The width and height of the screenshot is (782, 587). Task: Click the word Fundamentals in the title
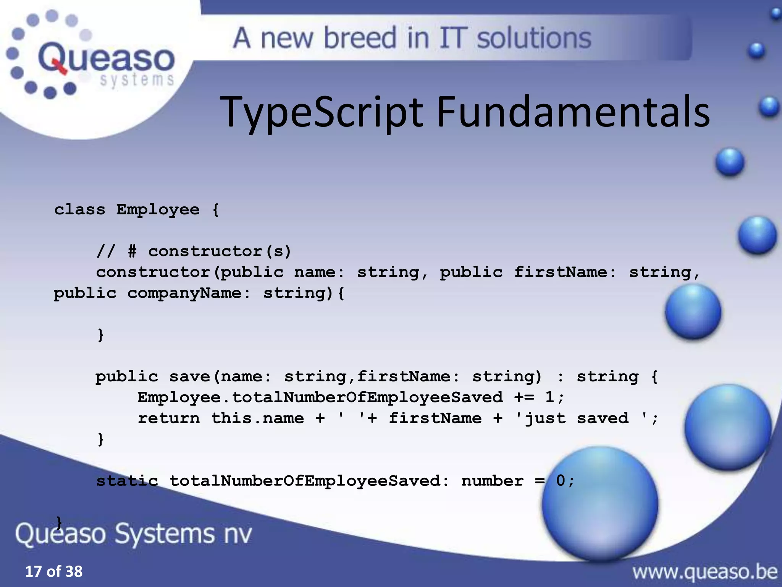[x=573, y=112]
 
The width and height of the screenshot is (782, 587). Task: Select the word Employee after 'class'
[x=158, y=209]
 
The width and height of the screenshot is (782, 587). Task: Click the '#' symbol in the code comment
[x=132, y=251]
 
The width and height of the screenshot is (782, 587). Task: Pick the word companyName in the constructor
[x=184, y=293]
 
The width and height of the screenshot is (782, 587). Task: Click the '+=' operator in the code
[x=524, y=397]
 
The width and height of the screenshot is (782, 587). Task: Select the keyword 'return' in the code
[x=169, y=418]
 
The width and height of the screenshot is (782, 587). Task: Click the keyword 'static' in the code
[x=127, y=481]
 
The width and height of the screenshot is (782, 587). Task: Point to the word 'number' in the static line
[x=492, y=481]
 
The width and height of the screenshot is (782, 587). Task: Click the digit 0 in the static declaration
[x=560, y=481]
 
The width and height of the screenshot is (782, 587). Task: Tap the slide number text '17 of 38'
[x=54, y=571]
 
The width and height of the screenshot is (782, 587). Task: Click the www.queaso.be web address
[x=705, y=572]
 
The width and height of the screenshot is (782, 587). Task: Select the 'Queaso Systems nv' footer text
[x=134, y=533]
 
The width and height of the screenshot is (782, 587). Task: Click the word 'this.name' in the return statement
[x=258, y=418]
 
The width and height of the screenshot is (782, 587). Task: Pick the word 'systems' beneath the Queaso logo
[x=137, y=80]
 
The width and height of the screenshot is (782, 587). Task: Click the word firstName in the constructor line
[x=560, y=272]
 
